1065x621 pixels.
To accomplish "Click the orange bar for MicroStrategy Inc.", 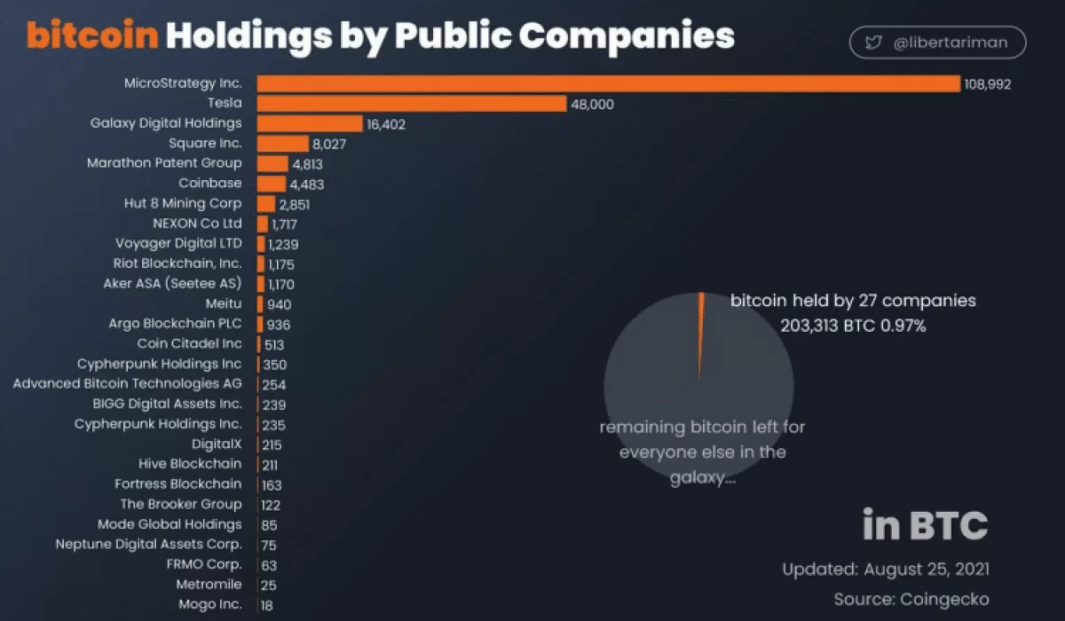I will coord(609,83).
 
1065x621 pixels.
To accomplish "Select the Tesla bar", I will coord(412,104).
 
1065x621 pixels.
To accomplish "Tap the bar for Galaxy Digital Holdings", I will coord(310,123).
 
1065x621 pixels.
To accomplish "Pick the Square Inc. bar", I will coord(283,144).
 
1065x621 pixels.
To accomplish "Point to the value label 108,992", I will coord(988,84).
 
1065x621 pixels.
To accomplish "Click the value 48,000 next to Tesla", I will coord(592,105).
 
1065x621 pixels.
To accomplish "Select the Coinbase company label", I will coord(209,183).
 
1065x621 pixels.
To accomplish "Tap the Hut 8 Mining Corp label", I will coord(183,203).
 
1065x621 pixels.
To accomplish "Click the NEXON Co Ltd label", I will coord(197,224).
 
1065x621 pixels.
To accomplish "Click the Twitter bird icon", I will coord(873,43).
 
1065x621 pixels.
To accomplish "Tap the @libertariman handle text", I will coord(951,43).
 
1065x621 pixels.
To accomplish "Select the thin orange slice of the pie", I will coord(700,328).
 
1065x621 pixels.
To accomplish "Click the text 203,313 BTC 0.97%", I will coord(853,326).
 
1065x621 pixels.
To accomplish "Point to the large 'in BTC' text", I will coord(925,525).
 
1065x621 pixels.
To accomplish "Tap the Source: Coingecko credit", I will coord(911,600).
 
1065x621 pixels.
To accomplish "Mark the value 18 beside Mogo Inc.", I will coord(266,605).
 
